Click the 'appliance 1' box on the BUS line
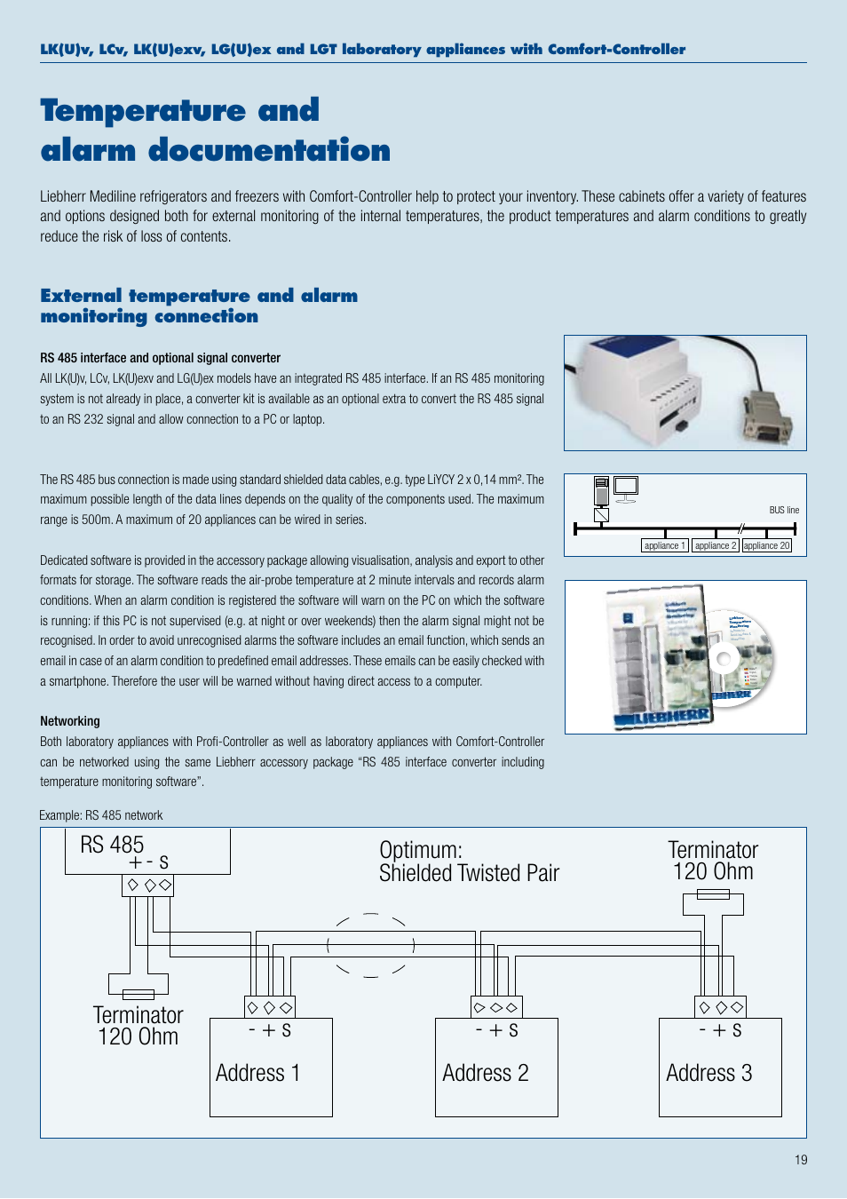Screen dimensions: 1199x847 pyautogui.click(x=664, y=545)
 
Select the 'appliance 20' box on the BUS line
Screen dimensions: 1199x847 pyautogui.click(x=766, y=545)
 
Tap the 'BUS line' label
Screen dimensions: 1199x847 pyautogui.click(x=784, y=510)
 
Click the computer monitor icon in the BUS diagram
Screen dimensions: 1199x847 pyautogui.click(x=626, y=487)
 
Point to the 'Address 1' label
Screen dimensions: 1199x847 pyautogui.click(x=257, y=1073)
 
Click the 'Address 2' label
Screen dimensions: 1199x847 pyautogui.click(x=485, y=1073)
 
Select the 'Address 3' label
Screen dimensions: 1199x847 pyautogui.click(x=708, y=1073)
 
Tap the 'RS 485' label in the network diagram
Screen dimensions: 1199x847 pyautogui.click(x=112, y=845)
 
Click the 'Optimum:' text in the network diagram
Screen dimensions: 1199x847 pyautogui.click(x=421, y=850)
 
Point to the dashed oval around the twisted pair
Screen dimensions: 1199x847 pyautogui.click(x=371, y=945)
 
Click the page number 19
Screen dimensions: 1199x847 pyautogui.click(x=801, y=1160)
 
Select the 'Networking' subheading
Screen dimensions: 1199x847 pyautogui.click(x=70, y=721)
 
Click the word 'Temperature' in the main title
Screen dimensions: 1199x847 pyautogui.click(x=143, y=110)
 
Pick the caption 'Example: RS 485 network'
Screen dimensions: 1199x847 pyautogui.click(x=101, y=815)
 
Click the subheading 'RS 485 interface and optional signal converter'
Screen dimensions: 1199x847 pyautogui.click(x=160, y=358)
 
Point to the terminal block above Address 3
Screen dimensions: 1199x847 pyautogui.click(x=720, y=1007)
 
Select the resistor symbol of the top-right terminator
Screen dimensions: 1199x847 pyautogui.click(x=713, y=894)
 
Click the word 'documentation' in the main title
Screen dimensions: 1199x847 pyautogui.click(x=269, y=150)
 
